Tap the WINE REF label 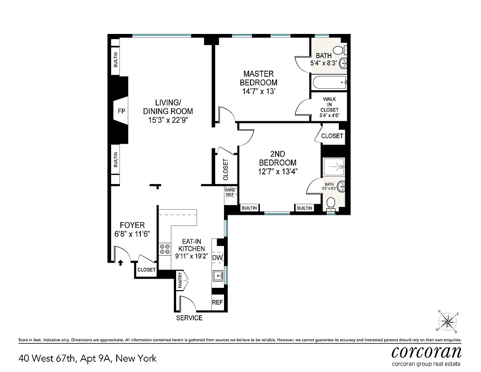230,193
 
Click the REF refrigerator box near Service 217,302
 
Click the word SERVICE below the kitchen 189,318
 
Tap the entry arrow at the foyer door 120,263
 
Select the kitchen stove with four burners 165,249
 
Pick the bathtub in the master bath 330,84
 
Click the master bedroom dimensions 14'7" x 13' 258,92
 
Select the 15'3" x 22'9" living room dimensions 168,120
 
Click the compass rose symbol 448,321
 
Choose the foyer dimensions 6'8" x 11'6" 132,234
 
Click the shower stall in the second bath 333,166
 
